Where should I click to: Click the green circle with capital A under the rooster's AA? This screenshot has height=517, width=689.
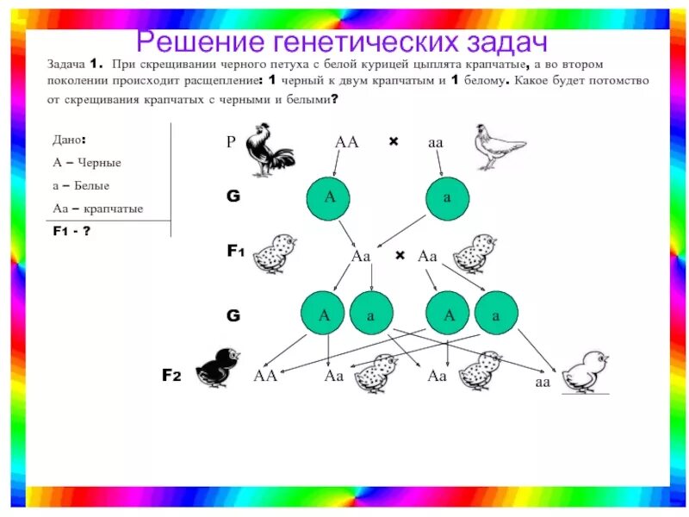(x=330, y=197)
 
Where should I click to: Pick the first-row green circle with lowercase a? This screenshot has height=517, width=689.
(x=448, y=197)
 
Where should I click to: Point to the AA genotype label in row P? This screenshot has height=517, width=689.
(x=346, y=141)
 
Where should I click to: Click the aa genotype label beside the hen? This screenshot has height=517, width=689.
(x=436, y=142)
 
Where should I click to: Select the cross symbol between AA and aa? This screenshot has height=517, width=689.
(x=394, y=140)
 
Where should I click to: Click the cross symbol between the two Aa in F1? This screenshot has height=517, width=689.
(x=400, y=256)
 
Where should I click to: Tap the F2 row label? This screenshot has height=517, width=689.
(x=171, y=375)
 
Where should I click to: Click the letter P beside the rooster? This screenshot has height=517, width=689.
(x=231, y=142)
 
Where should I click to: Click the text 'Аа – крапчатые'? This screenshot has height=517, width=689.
(x=97, y=209)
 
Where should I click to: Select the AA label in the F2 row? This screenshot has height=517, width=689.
(x=265, y=376)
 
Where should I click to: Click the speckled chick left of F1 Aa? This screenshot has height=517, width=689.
(x=276, y=252)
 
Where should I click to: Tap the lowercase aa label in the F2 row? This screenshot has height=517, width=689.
(x=543, y=382)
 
